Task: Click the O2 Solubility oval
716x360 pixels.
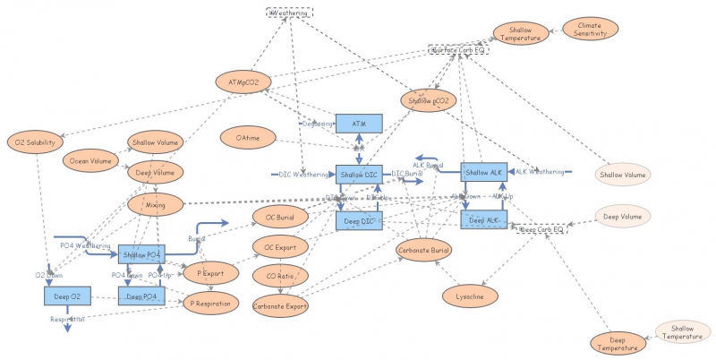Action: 35,141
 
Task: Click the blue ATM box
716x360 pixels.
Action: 359,124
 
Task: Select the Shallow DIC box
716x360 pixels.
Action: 359,173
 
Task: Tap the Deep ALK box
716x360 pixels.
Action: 484,219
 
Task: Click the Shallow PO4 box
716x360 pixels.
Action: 142,254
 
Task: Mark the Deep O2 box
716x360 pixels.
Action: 67,295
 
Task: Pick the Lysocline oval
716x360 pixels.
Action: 471,294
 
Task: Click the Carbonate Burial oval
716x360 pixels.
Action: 424,250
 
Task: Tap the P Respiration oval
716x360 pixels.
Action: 211,304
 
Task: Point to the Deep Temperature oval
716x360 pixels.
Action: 618,342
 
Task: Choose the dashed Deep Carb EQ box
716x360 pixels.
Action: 541,230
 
